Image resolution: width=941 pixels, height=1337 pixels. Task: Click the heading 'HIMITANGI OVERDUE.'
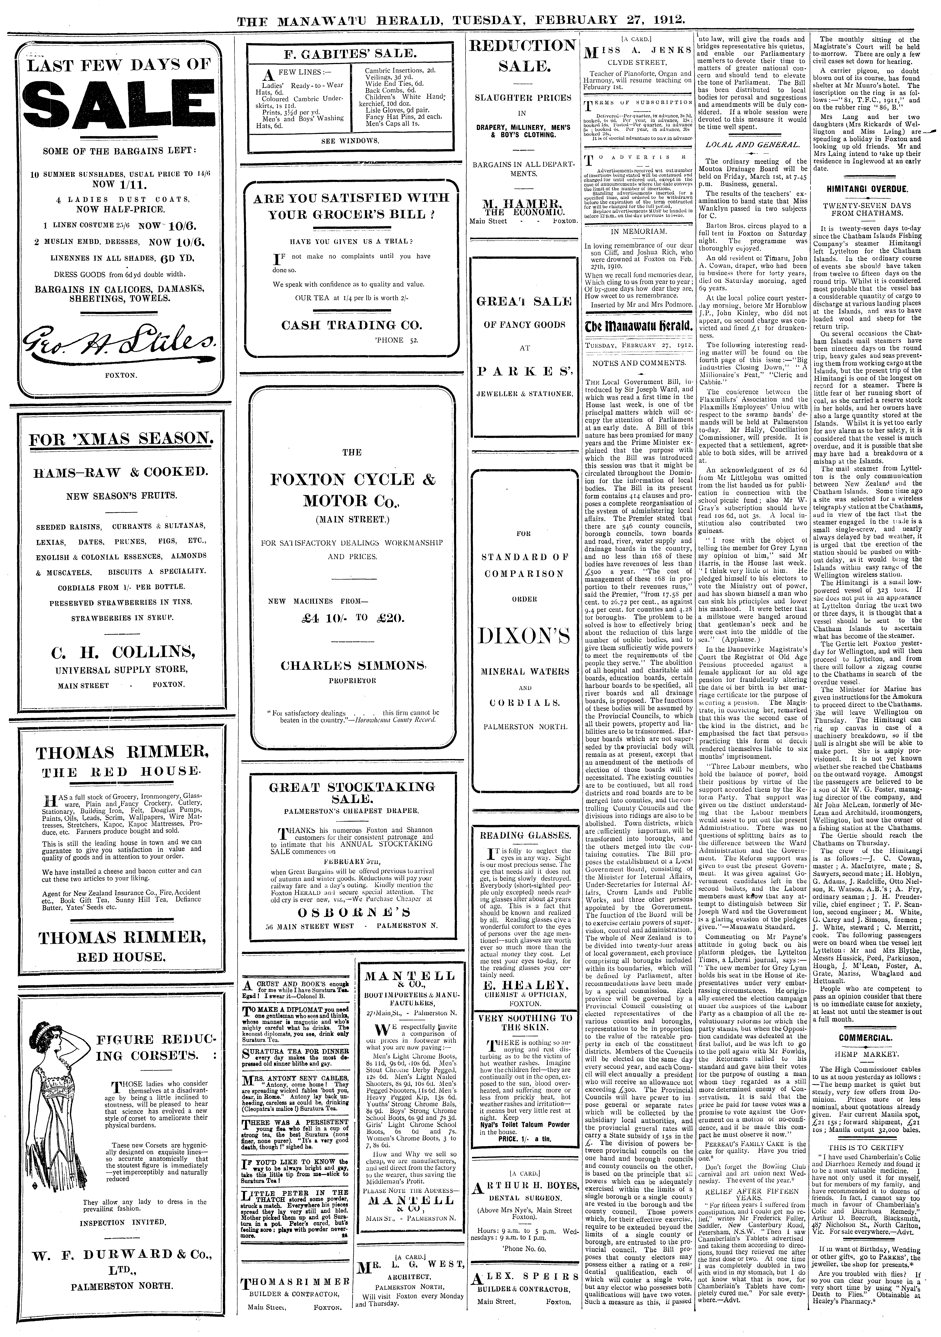(x=871, y=189)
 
